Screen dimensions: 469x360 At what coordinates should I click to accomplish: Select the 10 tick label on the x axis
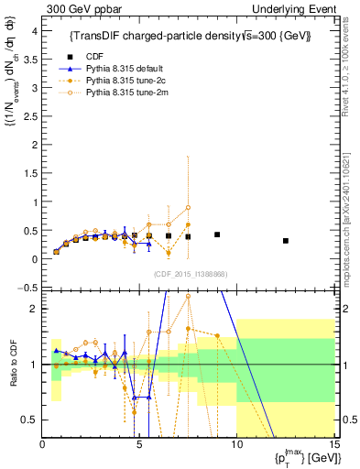(236, 446)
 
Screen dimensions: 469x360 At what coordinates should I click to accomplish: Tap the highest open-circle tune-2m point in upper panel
(188, 208)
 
